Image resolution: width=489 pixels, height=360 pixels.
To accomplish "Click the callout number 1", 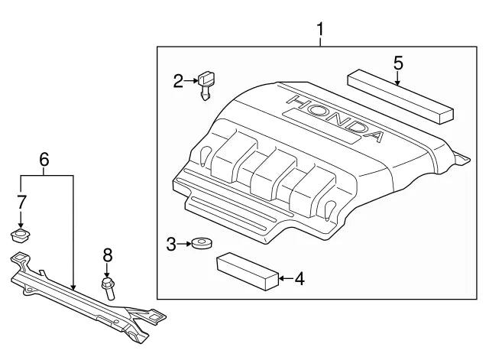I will [321, 30].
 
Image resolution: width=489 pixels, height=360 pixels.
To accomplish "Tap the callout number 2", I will [178, 80].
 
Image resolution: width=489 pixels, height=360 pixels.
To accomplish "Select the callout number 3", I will [171, 245].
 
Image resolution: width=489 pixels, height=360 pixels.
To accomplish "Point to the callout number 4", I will [299, 279].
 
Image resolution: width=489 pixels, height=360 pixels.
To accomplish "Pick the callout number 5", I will [398, 63].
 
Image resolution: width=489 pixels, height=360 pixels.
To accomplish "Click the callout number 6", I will [44, 160].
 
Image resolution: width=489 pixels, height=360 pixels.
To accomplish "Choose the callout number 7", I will [21, 202].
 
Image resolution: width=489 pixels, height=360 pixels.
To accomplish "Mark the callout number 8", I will [107, 255].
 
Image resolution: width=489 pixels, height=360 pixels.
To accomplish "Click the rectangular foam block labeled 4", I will [246, 271].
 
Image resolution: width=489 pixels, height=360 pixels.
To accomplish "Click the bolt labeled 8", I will [108, 287].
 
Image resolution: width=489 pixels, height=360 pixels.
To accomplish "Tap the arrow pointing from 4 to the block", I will [283, 279].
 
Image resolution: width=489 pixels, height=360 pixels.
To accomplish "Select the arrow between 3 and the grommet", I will [184, 245].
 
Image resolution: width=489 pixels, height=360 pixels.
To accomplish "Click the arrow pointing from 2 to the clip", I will [190, 80].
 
